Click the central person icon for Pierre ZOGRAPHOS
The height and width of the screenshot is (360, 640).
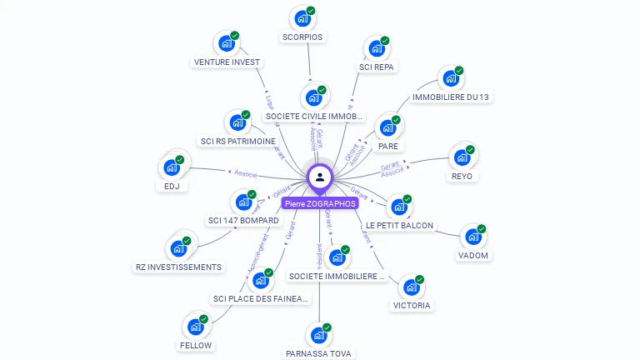[x=320, y=177]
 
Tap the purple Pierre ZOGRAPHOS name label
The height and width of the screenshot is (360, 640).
[x=320, y=203]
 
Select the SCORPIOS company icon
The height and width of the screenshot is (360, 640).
[x=302, y=18]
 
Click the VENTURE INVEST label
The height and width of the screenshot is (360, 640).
[x=227, y=62]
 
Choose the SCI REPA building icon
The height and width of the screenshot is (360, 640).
[x=377, y=47]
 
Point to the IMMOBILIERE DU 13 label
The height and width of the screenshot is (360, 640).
[x=451, y=97]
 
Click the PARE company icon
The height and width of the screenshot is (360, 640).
[x=387, y=127]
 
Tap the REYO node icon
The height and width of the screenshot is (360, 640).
[x=462, y=157]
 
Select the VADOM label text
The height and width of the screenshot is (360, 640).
[x=473, y=255]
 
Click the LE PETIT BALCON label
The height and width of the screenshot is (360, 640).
[x=400, y=225]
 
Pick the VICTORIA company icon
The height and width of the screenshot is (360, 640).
[x=411, y=287]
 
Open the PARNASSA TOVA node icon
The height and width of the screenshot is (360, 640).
[x=318, y=335]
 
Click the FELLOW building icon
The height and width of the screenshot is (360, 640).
[x=196, y=326]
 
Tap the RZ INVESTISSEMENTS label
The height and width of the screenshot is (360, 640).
[x=179, y=267]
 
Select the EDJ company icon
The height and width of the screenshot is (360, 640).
[x=172, y=167]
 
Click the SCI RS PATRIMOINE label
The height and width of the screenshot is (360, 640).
[x=238, y=141]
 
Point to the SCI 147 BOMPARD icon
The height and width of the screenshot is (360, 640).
[x=243, y=202]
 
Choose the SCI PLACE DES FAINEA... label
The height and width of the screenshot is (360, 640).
[x=261, y=298]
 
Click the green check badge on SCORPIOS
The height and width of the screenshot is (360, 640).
[x=311, y=11]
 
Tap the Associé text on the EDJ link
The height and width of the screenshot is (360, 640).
[x=246, y=174]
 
